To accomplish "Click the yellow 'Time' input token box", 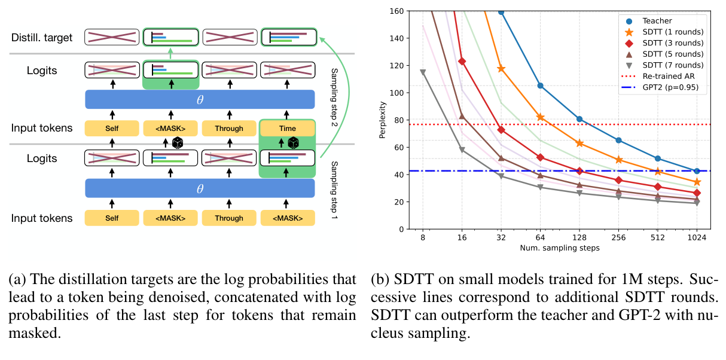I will (x=288, y=128).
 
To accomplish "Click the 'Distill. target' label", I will (x=42, y=38).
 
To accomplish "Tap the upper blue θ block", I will (x=200, y=99).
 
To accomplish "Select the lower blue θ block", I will (x=200, y=188).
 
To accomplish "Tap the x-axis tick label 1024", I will (x=696, y=237).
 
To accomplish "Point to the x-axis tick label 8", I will (x=423, y=237).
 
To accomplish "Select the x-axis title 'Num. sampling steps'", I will (x=559, y=248).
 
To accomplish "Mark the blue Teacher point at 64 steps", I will (x=540, y=86).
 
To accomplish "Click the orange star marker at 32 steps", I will (x=501, y=69).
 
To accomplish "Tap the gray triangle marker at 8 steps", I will (x=423, y=72).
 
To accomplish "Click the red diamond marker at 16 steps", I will (x=462, y=61).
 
